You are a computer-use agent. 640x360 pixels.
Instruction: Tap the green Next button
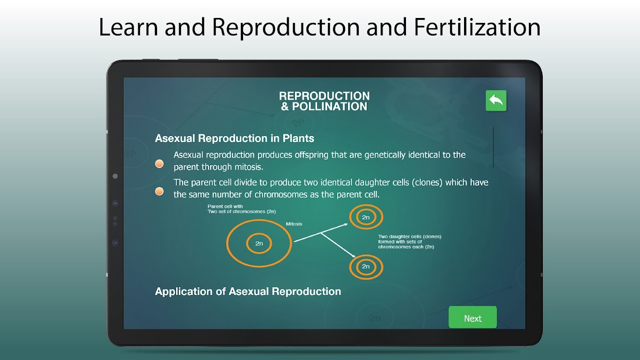point(473,317)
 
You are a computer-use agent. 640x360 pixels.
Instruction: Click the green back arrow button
point(496,100)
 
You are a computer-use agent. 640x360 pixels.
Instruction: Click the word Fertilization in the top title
point(477,27)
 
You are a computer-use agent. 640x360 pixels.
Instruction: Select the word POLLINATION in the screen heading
point(329,107)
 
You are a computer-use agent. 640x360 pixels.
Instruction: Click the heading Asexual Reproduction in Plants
point(234,138)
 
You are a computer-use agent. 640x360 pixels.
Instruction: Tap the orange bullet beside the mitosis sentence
point(159,164)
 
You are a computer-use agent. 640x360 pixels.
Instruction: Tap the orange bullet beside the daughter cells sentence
point(159,191)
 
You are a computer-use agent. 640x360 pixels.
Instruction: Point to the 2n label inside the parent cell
point(259,243)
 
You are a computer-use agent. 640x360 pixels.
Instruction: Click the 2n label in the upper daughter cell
point(366,217)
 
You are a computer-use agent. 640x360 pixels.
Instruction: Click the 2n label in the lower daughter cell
point(366,266)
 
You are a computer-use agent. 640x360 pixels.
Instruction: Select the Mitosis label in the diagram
point(294,224)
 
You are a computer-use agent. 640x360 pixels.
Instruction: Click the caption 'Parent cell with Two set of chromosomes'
point(242,209)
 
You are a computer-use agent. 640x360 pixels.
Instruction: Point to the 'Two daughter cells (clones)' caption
point(410,242)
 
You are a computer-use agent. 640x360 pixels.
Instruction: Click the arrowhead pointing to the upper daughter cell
point(346,225)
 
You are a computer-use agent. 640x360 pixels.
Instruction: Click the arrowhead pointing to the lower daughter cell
point(353,256)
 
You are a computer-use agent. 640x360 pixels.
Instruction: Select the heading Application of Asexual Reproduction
point(248,292)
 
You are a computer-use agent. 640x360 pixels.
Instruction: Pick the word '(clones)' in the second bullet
point(427,183)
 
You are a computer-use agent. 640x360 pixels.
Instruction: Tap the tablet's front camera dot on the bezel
point(115,176)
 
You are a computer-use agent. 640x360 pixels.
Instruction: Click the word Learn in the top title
point(128,27)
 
